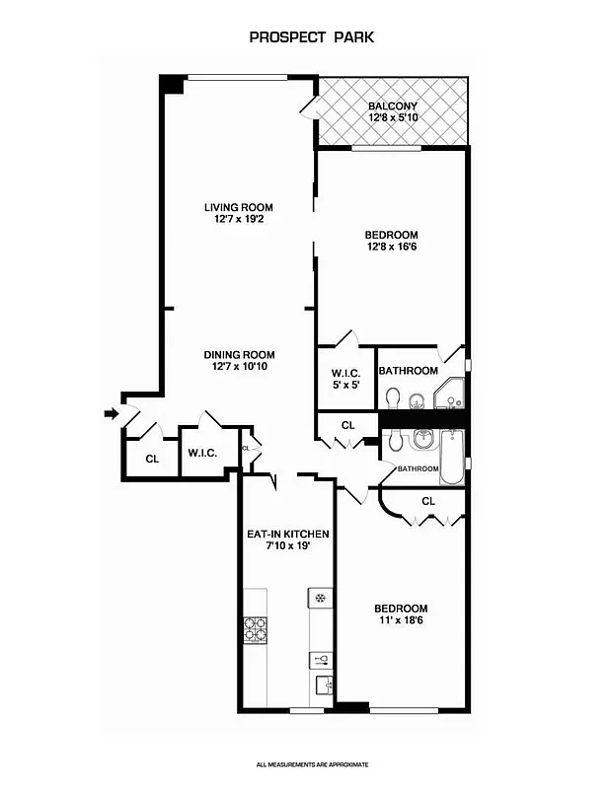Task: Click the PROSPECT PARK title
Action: coord(311,37)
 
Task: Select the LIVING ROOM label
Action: coord(238,207)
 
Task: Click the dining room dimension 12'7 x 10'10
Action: coord(239,367)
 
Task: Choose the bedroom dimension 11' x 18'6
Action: coord(400,620)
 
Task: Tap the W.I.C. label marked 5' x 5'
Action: coord(345,379)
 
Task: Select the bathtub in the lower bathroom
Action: coord(450,459)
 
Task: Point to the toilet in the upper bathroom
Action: coord(393,397)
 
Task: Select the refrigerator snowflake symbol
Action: coord(320,598)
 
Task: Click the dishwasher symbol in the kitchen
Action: coord(321,659)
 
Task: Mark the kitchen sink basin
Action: coord(321,683)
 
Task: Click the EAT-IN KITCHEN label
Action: coord(287,534)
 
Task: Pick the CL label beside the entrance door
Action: coord(152,459)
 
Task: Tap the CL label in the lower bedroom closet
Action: coord(427,501)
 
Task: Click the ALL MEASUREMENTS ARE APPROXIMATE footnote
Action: coord(312,764)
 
